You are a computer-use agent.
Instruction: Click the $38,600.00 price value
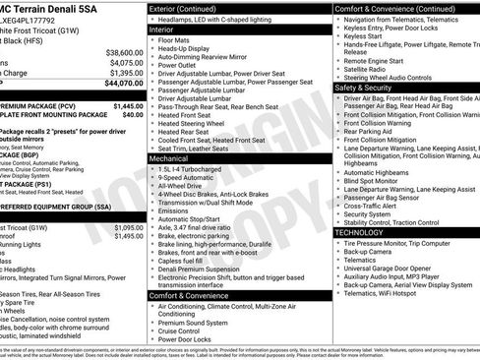124,52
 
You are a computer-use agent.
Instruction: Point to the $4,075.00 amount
126,63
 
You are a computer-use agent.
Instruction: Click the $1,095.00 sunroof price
128,236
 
